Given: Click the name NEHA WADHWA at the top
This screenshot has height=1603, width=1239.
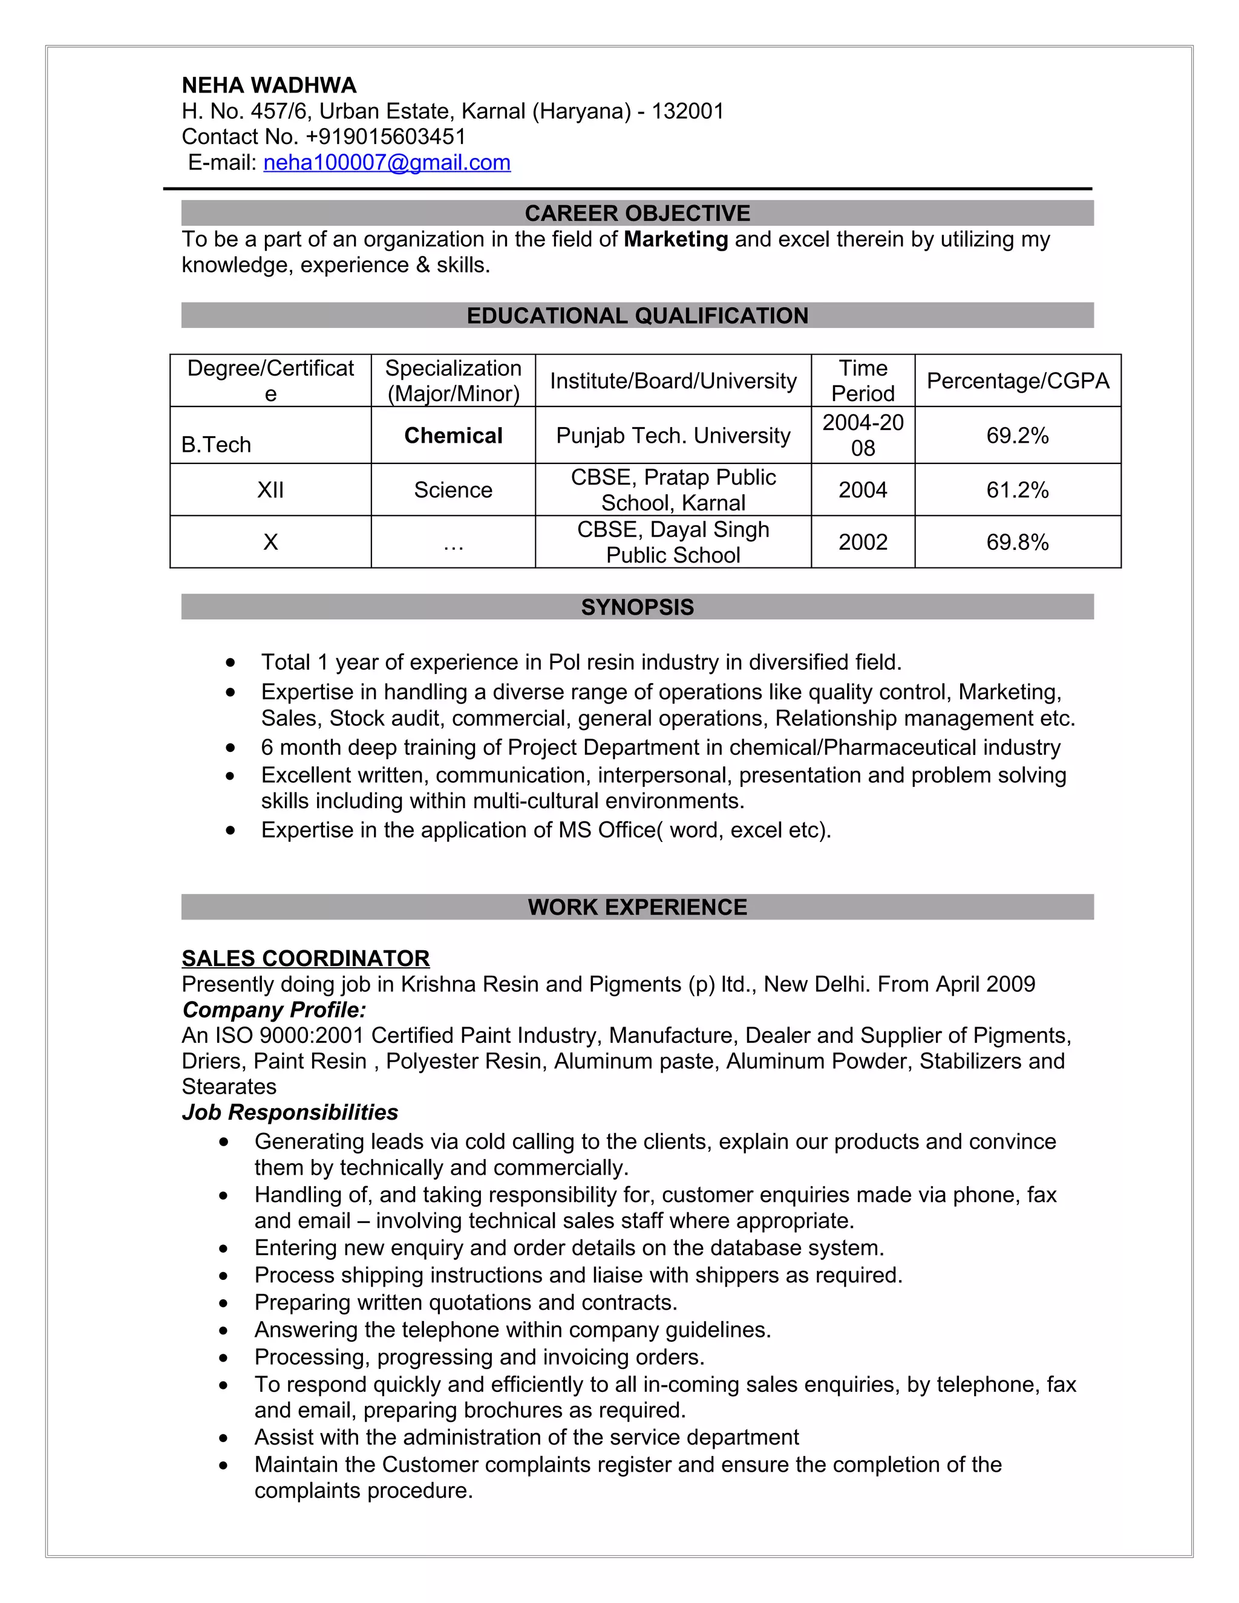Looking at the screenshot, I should (x=269, y=85).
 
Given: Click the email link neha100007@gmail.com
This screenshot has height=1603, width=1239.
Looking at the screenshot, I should (x=387, y=162).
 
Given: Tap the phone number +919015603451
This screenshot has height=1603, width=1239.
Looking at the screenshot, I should (x=385, y=137).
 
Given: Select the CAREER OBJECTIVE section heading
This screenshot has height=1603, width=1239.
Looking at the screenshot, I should (x=637, y=213).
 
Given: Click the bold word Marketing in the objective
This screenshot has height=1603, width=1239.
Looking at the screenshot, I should (x=675, y=240).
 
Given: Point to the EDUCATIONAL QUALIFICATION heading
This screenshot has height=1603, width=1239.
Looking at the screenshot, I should (x=637, y=316).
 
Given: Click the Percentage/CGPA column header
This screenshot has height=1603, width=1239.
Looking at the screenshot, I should (x=1018, y=380).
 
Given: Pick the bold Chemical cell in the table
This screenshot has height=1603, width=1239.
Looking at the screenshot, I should (x=453, y=436).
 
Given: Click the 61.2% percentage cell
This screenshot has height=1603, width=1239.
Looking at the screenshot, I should (x=1018, y=489).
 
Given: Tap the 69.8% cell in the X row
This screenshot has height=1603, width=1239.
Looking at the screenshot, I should (x=1018, y=541).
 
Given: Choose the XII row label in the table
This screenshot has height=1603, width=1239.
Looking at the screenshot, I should (x=270, y=489).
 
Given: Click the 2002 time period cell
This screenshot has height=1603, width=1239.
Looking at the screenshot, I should (x=863, y=541).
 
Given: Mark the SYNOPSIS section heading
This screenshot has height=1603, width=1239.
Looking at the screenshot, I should (x=637, y=607).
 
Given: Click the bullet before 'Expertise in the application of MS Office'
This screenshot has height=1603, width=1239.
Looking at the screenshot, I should (x=231, y=830).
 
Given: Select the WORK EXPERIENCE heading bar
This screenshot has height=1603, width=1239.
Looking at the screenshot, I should (x=637, y=907).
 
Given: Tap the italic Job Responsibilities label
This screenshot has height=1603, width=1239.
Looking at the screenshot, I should (x=290, y=1112).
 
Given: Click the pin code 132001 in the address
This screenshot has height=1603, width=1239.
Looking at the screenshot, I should (x=688, y=111).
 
